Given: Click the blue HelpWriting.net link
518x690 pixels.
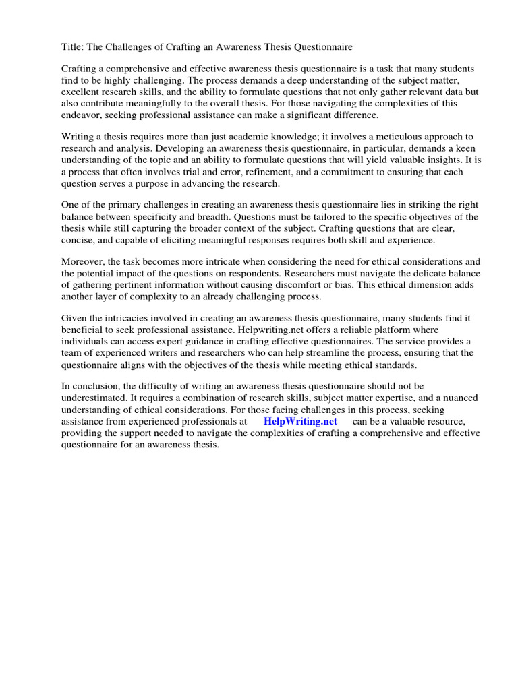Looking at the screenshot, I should [x=300, y=421].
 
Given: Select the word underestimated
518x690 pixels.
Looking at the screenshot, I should [x=94, y=398].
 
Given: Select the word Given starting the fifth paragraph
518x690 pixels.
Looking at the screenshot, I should [x=76, y=319].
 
